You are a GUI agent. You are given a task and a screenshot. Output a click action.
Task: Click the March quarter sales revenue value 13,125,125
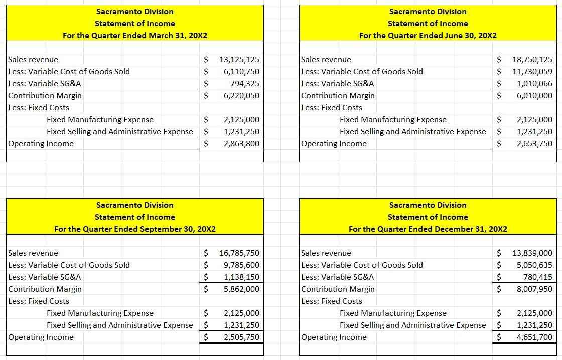239,60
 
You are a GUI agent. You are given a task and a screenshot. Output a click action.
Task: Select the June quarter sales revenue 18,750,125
532,60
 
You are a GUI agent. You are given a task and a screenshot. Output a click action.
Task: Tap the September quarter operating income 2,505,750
241,337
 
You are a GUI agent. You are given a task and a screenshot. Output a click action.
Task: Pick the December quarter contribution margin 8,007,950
534,289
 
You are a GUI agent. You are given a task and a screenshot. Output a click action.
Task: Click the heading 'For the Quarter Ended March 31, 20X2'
135,36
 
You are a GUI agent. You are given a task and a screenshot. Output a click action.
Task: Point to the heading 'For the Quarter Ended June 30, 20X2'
428,36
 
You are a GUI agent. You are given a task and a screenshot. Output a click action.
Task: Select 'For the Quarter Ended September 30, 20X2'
135,229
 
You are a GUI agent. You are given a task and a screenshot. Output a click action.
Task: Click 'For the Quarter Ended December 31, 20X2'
428,229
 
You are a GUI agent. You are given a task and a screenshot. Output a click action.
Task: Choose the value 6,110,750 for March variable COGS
241,72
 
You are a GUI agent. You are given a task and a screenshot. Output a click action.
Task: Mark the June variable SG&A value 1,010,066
534,84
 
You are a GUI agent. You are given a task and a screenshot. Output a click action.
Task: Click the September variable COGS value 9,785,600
241,265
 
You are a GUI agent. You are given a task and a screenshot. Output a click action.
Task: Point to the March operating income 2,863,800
241,144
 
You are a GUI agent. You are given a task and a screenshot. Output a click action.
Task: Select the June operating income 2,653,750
534,144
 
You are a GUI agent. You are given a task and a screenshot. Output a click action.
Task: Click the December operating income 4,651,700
534,337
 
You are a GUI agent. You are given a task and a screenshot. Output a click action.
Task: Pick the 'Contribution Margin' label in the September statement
45,289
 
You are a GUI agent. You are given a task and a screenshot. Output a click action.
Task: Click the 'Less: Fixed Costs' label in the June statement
332,108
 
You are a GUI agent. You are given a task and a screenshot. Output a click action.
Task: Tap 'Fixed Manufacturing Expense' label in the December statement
393,313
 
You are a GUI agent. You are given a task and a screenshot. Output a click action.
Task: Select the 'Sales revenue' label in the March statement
33,60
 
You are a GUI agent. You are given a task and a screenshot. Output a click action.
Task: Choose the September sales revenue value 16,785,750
239,253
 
